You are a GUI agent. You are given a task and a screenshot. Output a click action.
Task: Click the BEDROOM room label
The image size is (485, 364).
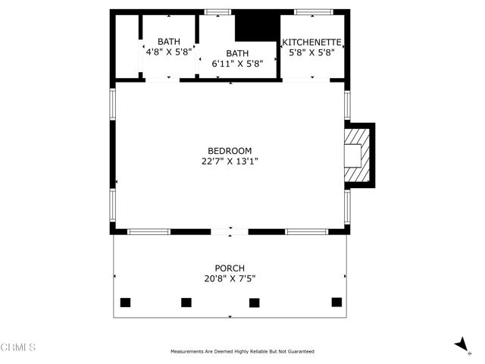[230, 151]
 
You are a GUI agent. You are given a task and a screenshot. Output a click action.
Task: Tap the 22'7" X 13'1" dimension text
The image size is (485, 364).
[230, 162]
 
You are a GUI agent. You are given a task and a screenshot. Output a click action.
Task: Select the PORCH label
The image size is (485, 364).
[230, 268]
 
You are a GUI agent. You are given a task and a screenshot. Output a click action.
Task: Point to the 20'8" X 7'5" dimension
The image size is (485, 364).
[230, 278]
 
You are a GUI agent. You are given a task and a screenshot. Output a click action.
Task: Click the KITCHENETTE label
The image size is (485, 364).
[311, 42]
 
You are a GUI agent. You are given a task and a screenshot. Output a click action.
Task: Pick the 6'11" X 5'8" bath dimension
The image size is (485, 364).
[237, 64]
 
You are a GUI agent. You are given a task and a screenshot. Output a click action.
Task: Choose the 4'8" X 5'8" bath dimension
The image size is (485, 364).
[169, 52]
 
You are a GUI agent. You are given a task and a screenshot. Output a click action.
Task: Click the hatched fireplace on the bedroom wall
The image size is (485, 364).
[357, 155]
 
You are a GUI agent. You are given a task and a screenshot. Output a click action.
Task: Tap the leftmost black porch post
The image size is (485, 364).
[125, 303]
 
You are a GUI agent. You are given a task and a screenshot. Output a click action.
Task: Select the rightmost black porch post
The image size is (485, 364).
[336, 302]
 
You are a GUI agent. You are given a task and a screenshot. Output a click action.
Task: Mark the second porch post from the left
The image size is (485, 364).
[186, 303]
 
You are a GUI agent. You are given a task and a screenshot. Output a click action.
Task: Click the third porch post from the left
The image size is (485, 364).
[255, 303]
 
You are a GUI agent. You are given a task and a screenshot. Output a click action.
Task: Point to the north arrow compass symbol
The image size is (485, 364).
[462, 344]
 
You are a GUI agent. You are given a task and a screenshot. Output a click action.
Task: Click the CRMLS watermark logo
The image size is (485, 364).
[18, 347]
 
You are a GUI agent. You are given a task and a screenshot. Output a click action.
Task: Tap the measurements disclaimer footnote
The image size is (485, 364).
[242, 352]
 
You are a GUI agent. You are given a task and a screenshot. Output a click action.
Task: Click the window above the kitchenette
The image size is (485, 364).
[313, 12]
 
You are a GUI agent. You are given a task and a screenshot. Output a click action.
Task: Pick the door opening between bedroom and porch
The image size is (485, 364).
[230, 231]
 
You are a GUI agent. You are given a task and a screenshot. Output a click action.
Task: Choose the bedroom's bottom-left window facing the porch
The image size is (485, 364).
[149, 231]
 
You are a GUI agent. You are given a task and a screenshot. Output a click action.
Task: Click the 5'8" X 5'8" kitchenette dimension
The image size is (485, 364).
[311, 52]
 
